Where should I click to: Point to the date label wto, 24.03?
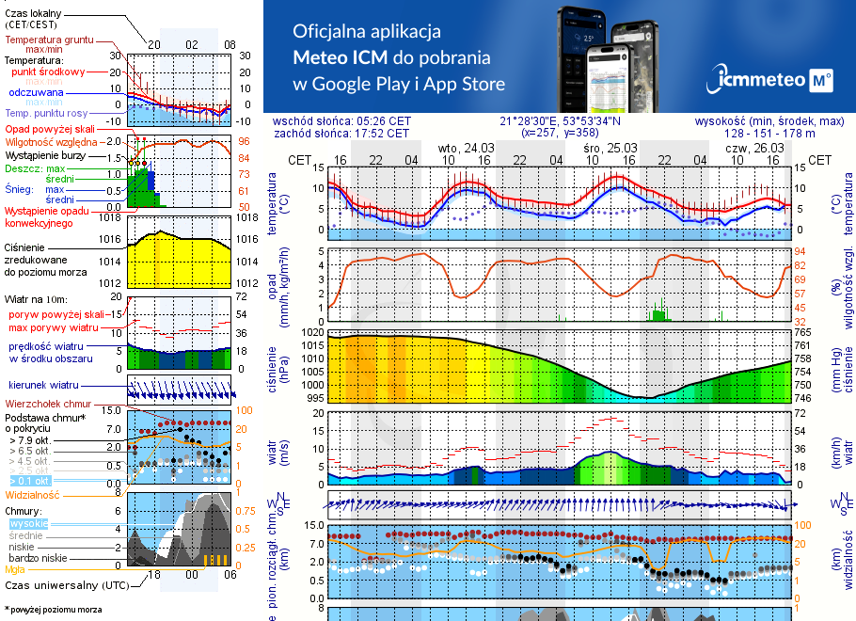click(x=466, y=148)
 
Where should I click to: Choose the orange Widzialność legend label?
click(x=33, y=494)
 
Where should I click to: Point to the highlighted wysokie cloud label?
click(x=27, y=522)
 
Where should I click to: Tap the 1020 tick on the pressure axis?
click(x=311, y=332)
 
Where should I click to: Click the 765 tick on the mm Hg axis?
click(x=802, y=332)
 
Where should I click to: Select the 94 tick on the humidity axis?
click(x=801, y=251)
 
